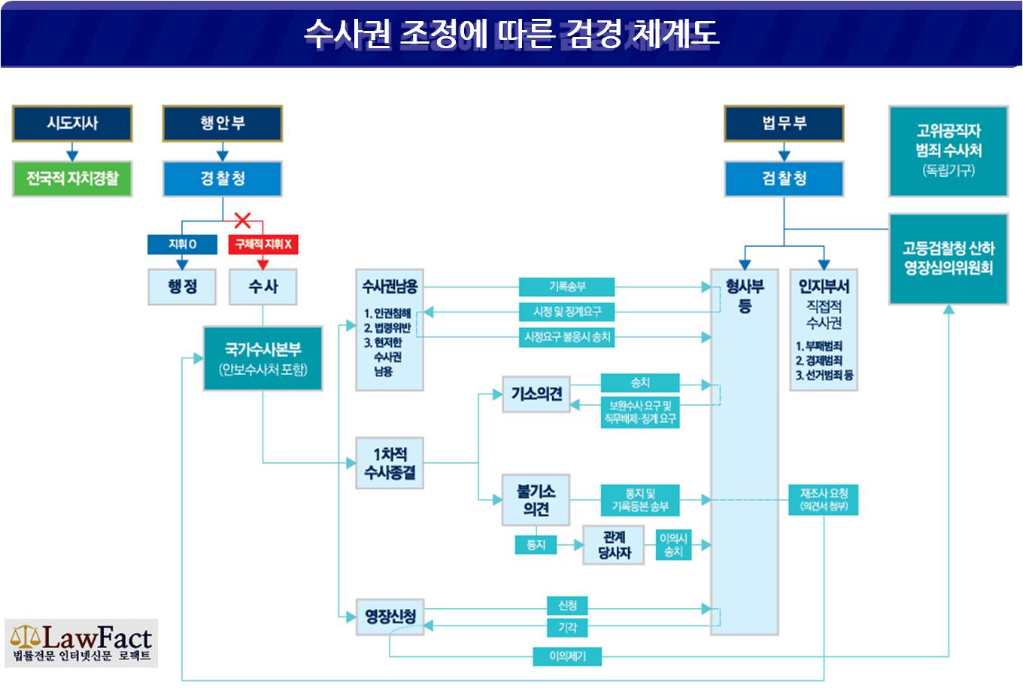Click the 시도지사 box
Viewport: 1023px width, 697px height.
tap(72, 123)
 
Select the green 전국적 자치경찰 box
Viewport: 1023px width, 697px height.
tap(72, 178)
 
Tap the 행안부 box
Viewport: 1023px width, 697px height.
tap(223, 123)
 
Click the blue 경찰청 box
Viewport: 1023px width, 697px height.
tap(223, 178)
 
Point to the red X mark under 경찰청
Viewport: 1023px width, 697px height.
tap(242, 221)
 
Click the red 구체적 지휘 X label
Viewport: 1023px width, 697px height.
tap(263, 245)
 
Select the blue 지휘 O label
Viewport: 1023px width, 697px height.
tap(182, 245)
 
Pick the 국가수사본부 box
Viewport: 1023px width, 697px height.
tap(263, 358)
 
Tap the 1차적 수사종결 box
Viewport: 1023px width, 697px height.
tap(390, 463)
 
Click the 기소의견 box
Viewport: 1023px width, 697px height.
tap(536, 394)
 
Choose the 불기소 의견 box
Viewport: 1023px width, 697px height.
tap(536, 500)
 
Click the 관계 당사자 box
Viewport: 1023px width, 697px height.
tap(614, 545)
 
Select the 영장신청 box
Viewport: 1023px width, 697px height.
tap(390, 616)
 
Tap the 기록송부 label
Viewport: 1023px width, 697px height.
tap(566, 287)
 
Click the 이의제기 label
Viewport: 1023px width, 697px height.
tap(567, 656)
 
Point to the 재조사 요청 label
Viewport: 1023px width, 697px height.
tap(824, 500)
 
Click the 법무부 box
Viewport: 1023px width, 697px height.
tap(784, 123)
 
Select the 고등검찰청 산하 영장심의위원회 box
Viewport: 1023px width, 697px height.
tap(949, 259)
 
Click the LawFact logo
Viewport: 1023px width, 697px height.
tap(81, 643)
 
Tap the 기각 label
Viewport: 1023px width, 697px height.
tap(567, 628)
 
